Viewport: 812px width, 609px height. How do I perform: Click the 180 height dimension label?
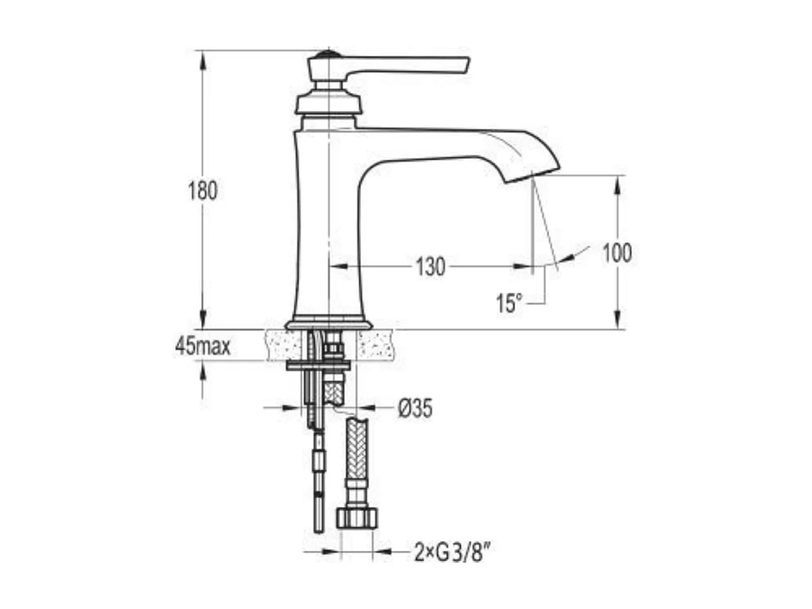click(203, 191)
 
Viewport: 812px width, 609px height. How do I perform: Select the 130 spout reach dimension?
click(430, 266)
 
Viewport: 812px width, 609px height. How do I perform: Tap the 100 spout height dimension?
click(616, 253)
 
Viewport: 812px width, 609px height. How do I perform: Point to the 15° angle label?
click(509, 302)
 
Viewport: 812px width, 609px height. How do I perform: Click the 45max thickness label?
click(202, 347)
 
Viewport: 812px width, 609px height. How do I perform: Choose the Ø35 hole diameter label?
click(415, 408)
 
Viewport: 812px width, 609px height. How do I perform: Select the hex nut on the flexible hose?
click(356, 518)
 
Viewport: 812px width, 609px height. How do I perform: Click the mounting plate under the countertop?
click(319, 366)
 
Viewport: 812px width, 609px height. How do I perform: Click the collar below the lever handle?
click(327, 103)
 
